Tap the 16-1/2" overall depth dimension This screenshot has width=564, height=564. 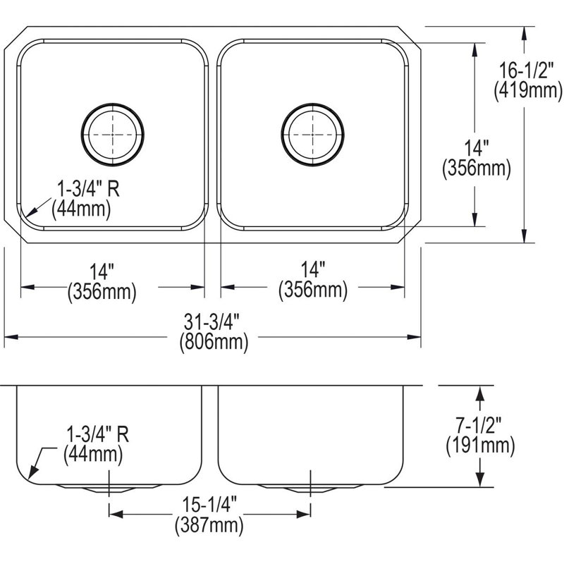coord(527,71)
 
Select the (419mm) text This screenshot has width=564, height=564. coord(527,90)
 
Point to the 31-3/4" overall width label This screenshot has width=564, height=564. coord(212,321)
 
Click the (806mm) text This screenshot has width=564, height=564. coord(214,342)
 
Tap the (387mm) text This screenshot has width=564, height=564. coord(209,525)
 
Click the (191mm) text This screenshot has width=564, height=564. coord(480,446)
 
